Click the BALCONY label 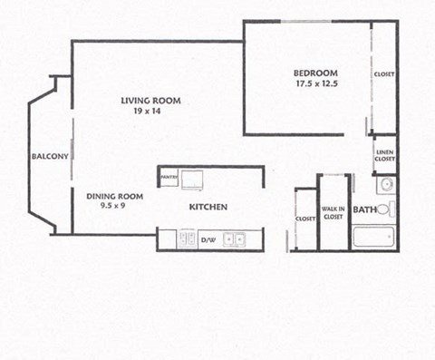pyautogui.click(x=50, y=156)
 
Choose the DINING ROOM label pyautogui.click(x=115, y=196)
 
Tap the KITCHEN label pyautogui.click(x=208, y=208)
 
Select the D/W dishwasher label pyautogui.click(x=208, y=240)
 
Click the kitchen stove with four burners pyautogui.click(x=188, y=238)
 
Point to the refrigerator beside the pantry pyautogui.click(x=193, y=179)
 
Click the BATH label pyautogui.click(x=364, y=210)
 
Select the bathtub pyautogui.click(x=373, y=238)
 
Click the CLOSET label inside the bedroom pyautogui.click(x=384, y=74)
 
